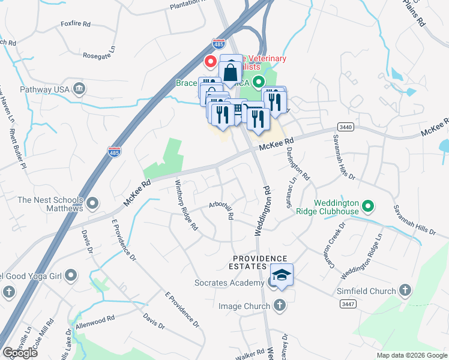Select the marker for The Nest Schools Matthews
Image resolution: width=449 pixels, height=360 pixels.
[92, 204]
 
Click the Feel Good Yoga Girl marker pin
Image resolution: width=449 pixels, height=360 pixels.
[71, 276]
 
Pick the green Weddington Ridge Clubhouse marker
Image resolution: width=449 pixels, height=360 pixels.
[369, 208]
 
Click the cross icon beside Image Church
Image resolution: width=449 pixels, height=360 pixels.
[279, 306]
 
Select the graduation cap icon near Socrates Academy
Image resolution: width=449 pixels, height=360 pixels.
[281, 275]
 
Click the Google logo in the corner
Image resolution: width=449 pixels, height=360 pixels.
[20, 353]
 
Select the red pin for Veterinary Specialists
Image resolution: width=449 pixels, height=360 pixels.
[211, 61]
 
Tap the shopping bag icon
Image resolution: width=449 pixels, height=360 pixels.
[231, 72]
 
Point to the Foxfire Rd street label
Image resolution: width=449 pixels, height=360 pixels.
[75, 25]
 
